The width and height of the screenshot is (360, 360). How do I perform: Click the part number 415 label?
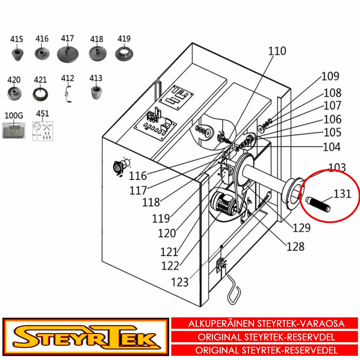(16, 39)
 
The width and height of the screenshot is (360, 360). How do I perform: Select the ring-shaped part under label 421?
(40, 93)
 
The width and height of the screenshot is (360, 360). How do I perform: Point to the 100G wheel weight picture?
(13, 130)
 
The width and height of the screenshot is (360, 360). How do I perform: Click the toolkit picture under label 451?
(42, 131)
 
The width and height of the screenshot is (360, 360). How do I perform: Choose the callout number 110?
(277, 51)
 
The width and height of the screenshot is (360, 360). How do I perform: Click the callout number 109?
(330, 76)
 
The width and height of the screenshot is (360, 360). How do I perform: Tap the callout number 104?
(331, 147)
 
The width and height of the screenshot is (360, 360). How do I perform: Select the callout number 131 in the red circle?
(342, 194)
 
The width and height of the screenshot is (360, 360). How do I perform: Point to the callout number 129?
(301, 228)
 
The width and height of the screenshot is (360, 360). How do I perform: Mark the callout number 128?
(295, 247)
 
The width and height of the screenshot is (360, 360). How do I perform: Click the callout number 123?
(180, 282)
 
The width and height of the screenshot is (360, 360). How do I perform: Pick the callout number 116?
(138, 176)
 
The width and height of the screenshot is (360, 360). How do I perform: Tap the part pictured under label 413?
(96, 92)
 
